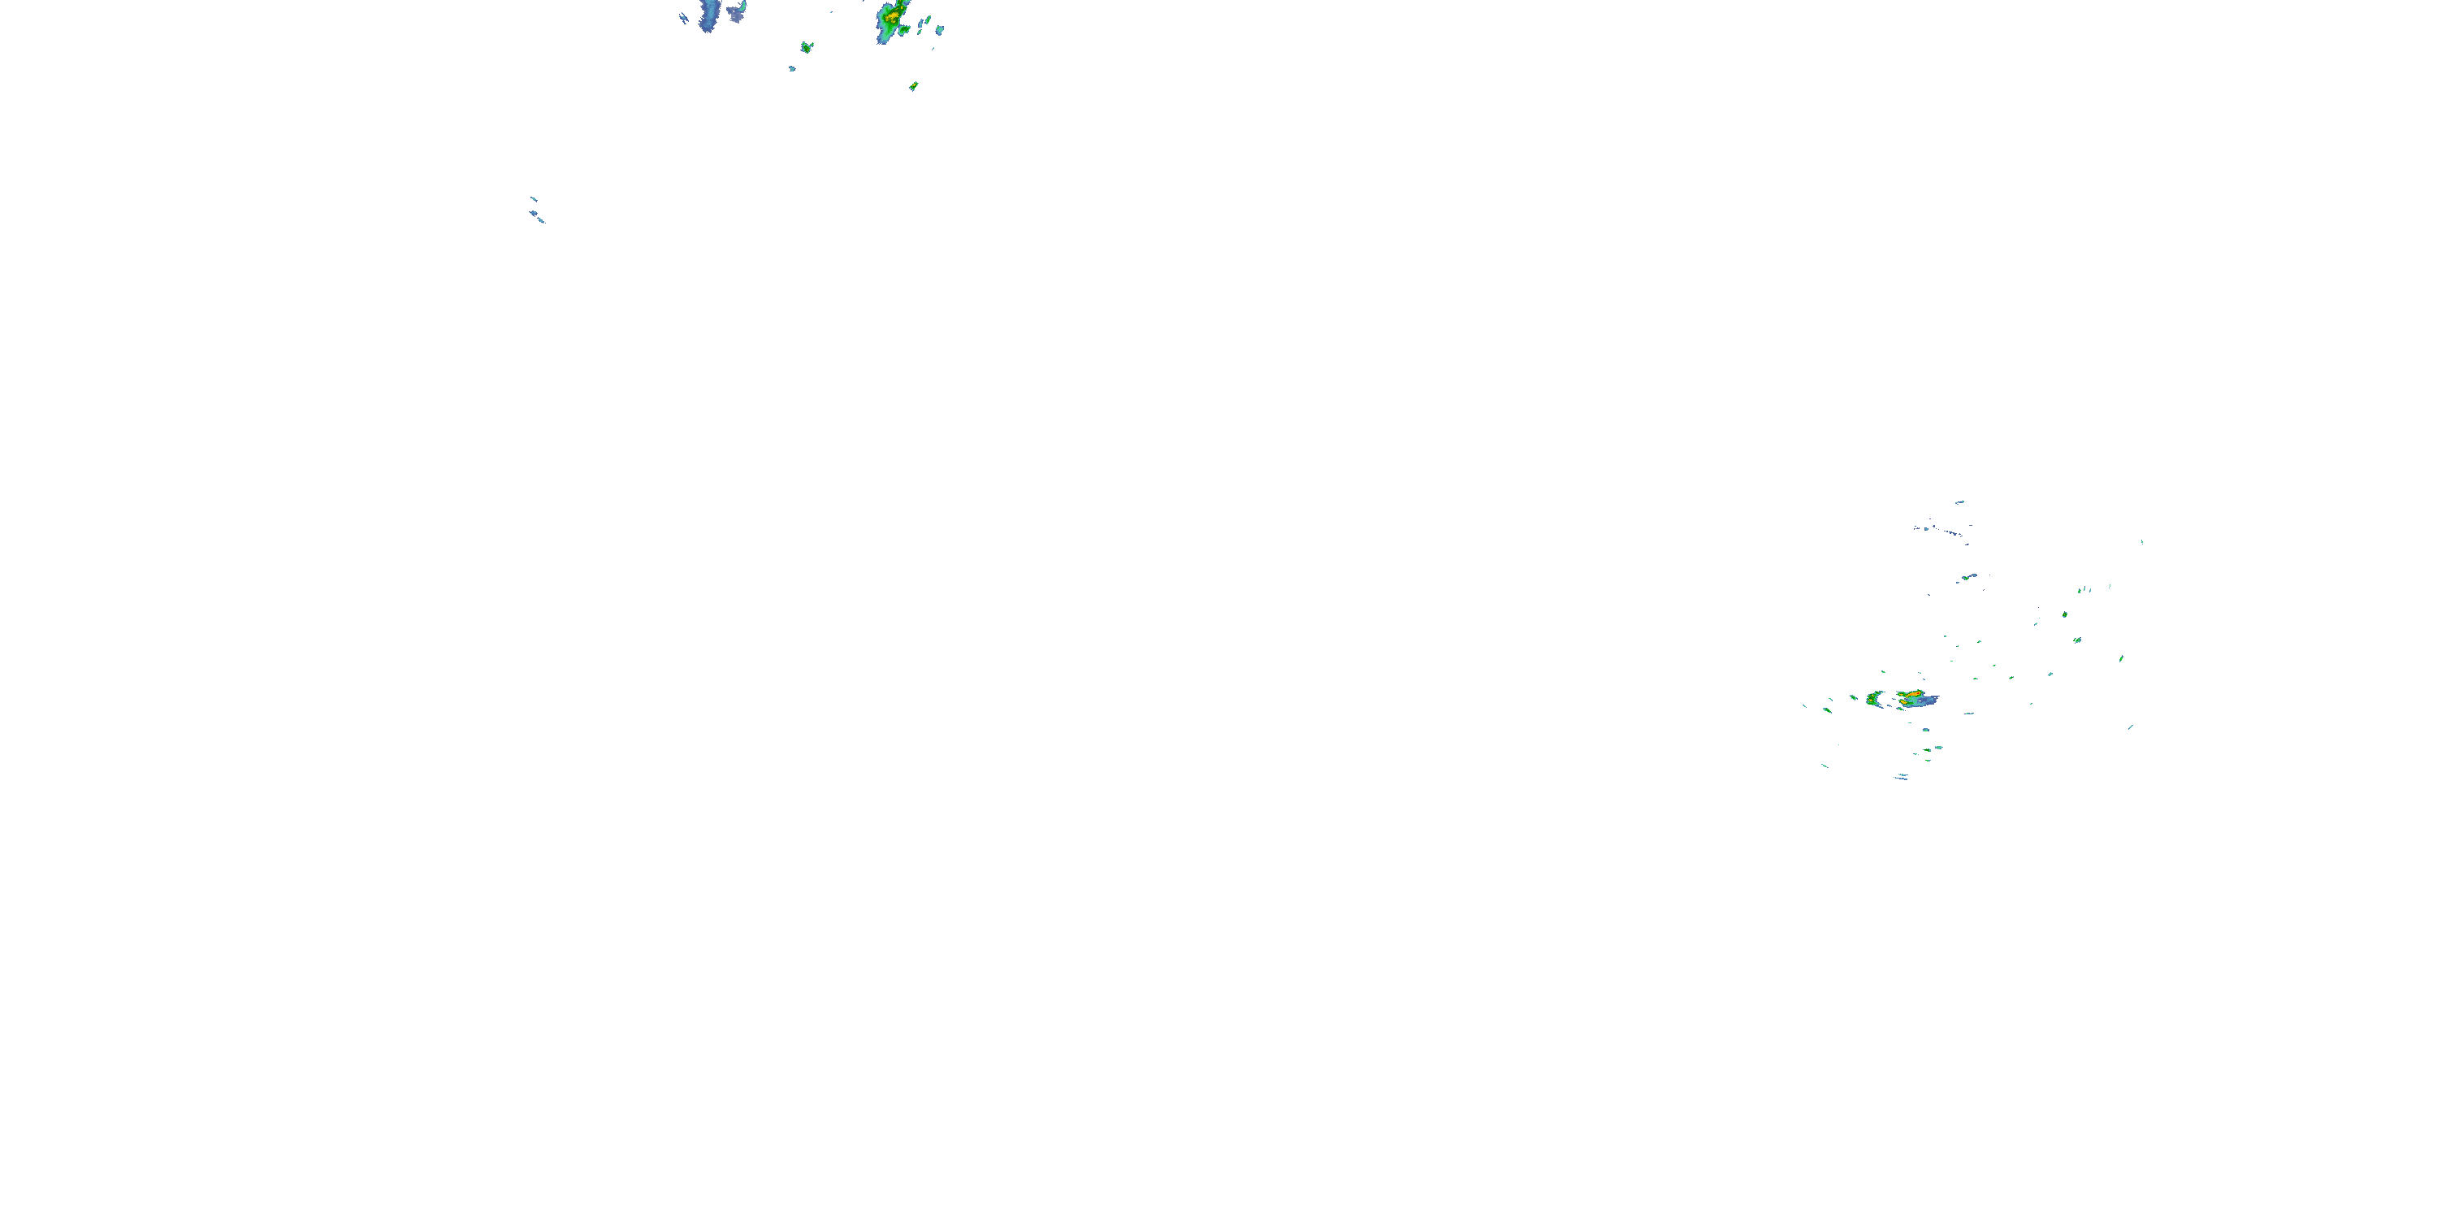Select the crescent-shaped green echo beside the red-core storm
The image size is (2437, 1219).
pyautogui.click(x=1872, y=700)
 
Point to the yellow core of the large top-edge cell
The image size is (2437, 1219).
pyautogui.click(x=890, y=16)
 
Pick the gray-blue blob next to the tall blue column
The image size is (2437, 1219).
pyautogui.click(x=736, y=12)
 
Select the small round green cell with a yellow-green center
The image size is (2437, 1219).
pyautogui.click(x=806, y=46)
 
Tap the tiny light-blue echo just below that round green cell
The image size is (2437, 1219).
pyautogui.click(x=793, y=68)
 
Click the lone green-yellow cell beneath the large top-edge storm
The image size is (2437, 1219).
pyautogui.click(x=913, y=86)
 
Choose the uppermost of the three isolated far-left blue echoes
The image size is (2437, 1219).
pyautogui.click(x=534, y=199)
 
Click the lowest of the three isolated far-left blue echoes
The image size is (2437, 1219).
pyautogui.click(x=541, y=220)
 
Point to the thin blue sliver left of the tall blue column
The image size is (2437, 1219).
pyautogui.click(x=684, y=17)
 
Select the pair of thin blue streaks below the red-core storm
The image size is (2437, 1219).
pyautogui.click(x=1901, y=777)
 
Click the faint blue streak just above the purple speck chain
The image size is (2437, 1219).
pyautogui.click(x=1959, y=501)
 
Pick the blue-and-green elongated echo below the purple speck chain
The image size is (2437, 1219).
pyautogui.click(x=1967, y=576)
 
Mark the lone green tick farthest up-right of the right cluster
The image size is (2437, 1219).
pyautogui.click(x=2142, y=542)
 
